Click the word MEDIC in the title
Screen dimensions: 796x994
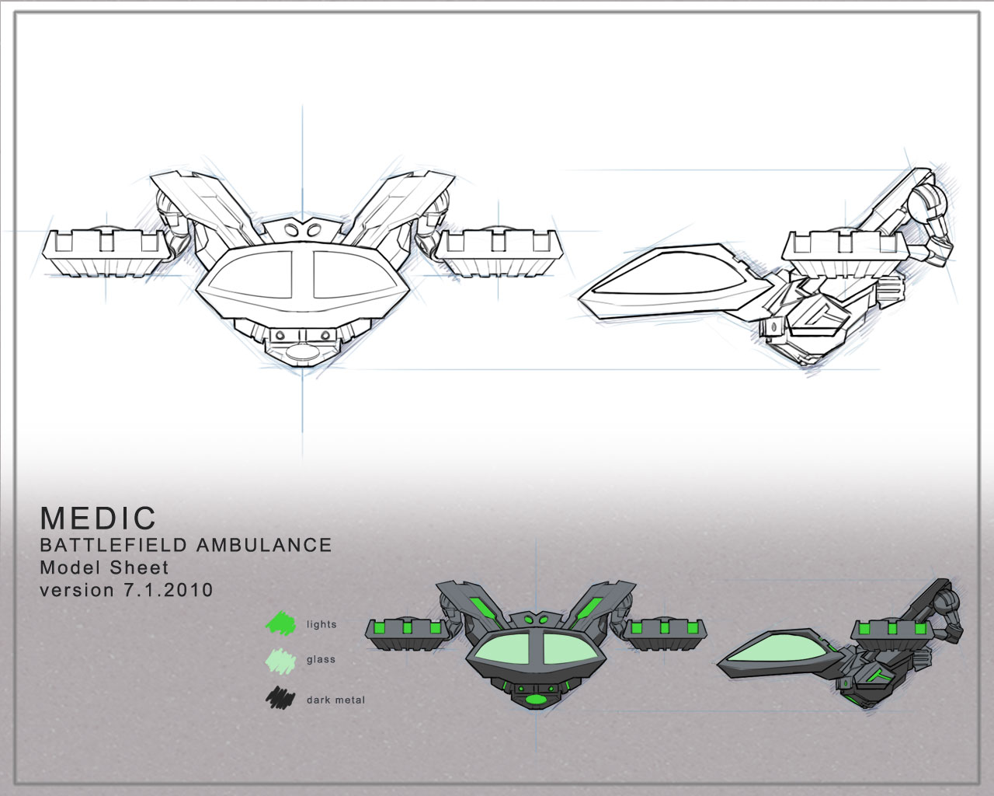[x=98, y=518]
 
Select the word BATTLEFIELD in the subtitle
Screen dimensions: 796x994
[x=114, y=545]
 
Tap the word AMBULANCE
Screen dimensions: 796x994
[x=264, y=545]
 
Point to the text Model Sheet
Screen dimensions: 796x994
[x=104, y=567]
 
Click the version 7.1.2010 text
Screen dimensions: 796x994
[x=126, y=590]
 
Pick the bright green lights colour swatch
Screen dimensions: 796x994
[x=281, y=623]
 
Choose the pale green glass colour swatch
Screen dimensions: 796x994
[x=280, y=660]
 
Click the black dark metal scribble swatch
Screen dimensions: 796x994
[x=280, y=699]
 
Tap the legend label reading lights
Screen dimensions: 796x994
[x=321, y=624]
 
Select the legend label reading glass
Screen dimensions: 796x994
[x=321, y=660]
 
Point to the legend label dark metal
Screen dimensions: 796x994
[x=335, y=700]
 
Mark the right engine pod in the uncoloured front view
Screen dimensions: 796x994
[x=501, y=253]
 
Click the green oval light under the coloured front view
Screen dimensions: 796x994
[x=535, y=700]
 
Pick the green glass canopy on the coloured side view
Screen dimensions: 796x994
[x=777, y=653]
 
